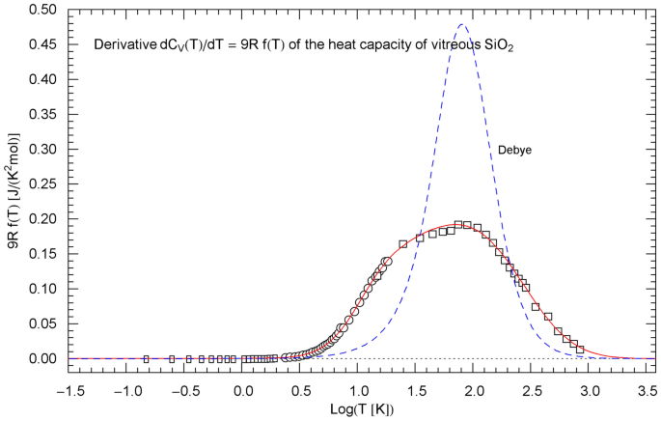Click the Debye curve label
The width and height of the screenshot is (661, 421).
514,151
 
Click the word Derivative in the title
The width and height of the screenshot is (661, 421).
122,44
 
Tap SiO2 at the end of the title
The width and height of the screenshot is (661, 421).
497,45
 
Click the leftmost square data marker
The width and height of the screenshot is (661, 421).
146,358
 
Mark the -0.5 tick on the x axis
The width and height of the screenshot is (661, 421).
183,386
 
